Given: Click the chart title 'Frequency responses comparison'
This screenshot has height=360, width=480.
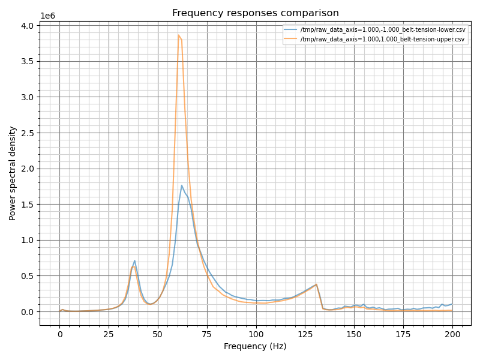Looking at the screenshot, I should tap(255, 13).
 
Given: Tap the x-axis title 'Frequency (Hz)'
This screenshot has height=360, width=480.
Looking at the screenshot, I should tap(255, 346).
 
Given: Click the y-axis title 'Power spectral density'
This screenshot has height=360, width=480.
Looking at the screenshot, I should tap(13, 173).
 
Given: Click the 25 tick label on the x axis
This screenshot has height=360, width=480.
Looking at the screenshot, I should tap(109, 334).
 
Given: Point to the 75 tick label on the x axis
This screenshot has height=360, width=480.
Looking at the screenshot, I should tap(207, 334).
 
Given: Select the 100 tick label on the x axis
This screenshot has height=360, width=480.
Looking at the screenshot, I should tap(256, 334).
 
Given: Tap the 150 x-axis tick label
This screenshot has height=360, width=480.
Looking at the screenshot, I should tap(354, 334).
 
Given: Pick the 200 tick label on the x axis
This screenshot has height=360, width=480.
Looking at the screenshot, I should tap(452, 334).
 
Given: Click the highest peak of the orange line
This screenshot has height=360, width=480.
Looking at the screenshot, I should tap(178, 35).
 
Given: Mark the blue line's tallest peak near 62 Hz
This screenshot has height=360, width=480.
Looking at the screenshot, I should tap(182, 185).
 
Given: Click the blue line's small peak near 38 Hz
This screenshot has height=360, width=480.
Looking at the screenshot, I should tap(134, 260).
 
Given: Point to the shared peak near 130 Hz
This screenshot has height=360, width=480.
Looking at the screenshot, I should tap(316, 284).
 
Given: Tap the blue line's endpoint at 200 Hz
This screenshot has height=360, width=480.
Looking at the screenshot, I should tap(452, 304).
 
